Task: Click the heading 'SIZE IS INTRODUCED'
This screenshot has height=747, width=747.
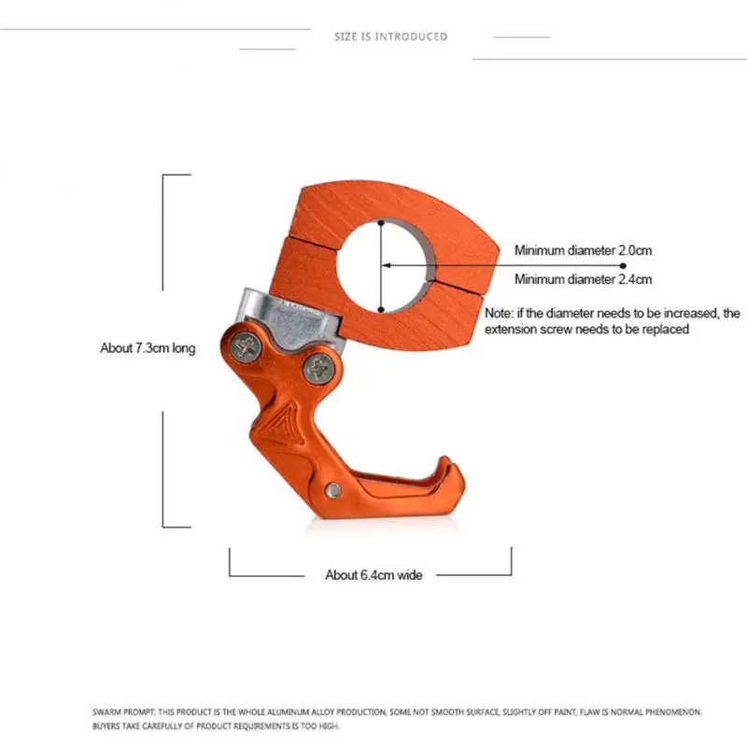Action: (x=391, y=36)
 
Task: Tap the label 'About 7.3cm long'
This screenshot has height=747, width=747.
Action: (x=148, y=348)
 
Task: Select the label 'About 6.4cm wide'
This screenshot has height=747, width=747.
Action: (x=373, y=575)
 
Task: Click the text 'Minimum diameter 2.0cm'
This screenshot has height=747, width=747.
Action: (x=583, y=250)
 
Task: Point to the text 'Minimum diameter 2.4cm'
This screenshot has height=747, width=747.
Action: (x=583, y=279)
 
